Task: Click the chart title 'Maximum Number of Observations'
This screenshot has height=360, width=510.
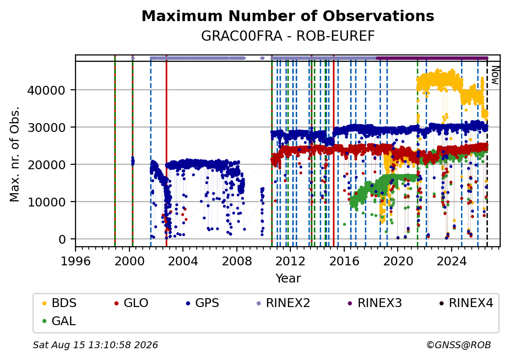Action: point(288,16)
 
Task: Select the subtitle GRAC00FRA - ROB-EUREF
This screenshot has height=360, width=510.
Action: point(288,36)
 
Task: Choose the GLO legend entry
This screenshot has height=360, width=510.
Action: point(131,303)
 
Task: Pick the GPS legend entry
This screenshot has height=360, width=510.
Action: point(203,303)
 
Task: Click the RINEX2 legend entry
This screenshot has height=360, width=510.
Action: point(283,303)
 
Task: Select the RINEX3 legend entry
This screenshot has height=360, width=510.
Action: point(375,303)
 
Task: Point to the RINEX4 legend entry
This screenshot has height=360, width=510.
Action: point(466,303)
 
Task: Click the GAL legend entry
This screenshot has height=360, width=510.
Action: point(59,321)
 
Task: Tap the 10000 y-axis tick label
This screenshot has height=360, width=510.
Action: point(46,202)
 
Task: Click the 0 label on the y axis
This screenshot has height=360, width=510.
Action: point(62,239)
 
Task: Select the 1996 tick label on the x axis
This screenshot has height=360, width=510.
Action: point(76,261)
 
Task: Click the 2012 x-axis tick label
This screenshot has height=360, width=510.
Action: point(290,261)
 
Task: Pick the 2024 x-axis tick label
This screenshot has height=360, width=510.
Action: point(452,261)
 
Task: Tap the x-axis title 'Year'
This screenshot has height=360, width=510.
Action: point(288,279)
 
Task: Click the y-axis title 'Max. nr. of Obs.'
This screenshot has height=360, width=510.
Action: point(15,154)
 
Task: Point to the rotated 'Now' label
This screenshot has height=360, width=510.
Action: point(495,75)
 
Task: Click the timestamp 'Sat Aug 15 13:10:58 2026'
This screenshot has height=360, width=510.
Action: point(96,345)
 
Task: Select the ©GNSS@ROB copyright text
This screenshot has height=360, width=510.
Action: point(459,345)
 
